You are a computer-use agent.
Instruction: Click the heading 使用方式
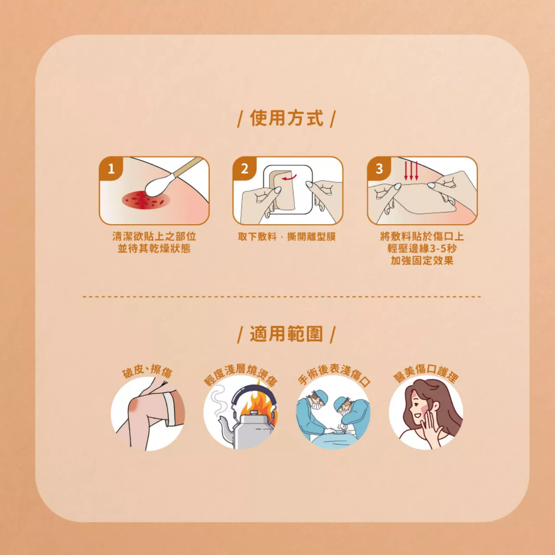coord(287,118)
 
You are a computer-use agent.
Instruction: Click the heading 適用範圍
coord(287,334)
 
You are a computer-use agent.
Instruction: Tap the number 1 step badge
coord(111,168)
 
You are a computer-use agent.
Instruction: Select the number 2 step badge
coord(245,168)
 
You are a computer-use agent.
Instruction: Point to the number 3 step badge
coord(379,168)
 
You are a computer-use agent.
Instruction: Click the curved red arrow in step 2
coord(289,177)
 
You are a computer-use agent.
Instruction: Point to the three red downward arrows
coord(411,171)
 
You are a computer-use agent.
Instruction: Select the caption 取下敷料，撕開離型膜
coord(287,237)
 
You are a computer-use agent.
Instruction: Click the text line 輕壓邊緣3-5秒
coord(422,248)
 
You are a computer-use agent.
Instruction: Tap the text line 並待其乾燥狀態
coord(154,248)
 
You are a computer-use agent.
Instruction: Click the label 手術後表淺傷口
coord(334,373)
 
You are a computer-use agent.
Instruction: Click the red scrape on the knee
coord(135,406)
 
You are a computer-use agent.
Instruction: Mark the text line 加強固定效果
coord(422,261)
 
